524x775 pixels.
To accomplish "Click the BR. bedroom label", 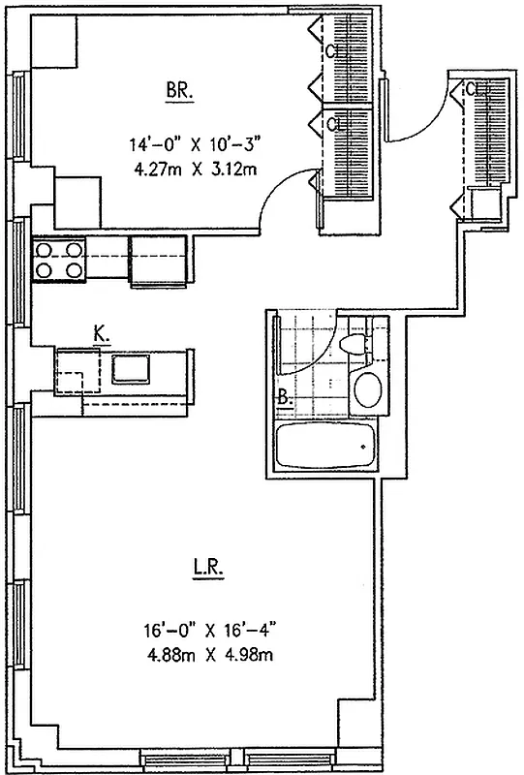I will (179, 91).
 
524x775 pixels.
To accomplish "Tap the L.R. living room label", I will (208, 569).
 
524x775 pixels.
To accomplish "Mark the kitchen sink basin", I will (129, 369).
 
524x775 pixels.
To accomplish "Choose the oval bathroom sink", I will (367, 390).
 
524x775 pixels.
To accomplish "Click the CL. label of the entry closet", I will (473, 90).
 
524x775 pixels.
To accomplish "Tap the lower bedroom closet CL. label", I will (333, 124).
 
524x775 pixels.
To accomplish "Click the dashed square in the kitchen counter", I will (77, 369).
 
